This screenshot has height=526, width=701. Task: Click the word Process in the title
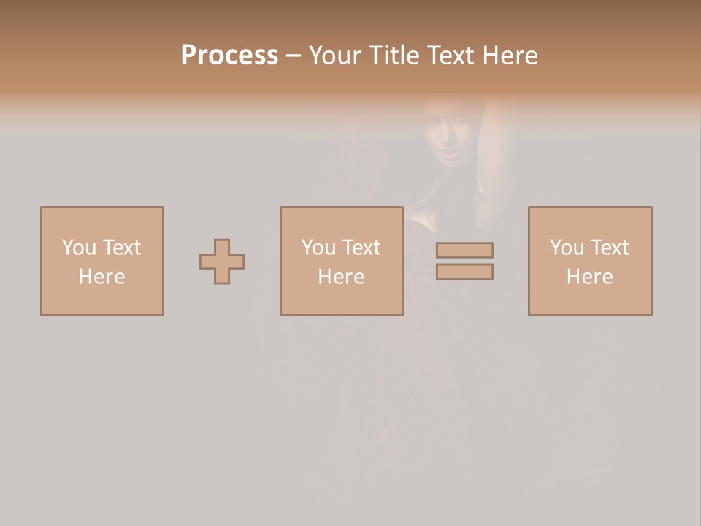pos(229,56)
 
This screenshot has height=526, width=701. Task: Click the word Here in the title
pos(510,56)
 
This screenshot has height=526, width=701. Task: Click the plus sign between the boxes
pos(222,262)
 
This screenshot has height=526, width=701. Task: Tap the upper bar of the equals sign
pos(464,250)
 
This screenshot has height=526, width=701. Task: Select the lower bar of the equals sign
pos(464,272)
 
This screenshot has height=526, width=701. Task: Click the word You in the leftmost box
pos(79,247)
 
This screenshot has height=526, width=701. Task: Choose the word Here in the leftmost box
pos(101,276)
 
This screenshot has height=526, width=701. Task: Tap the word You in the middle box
pos(318,247)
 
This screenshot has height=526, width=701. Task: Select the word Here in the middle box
pos(341,276)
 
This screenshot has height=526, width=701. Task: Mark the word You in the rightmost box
pos(567,247)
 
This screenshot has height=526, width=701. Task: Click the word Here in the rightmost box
pos(589,276)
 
